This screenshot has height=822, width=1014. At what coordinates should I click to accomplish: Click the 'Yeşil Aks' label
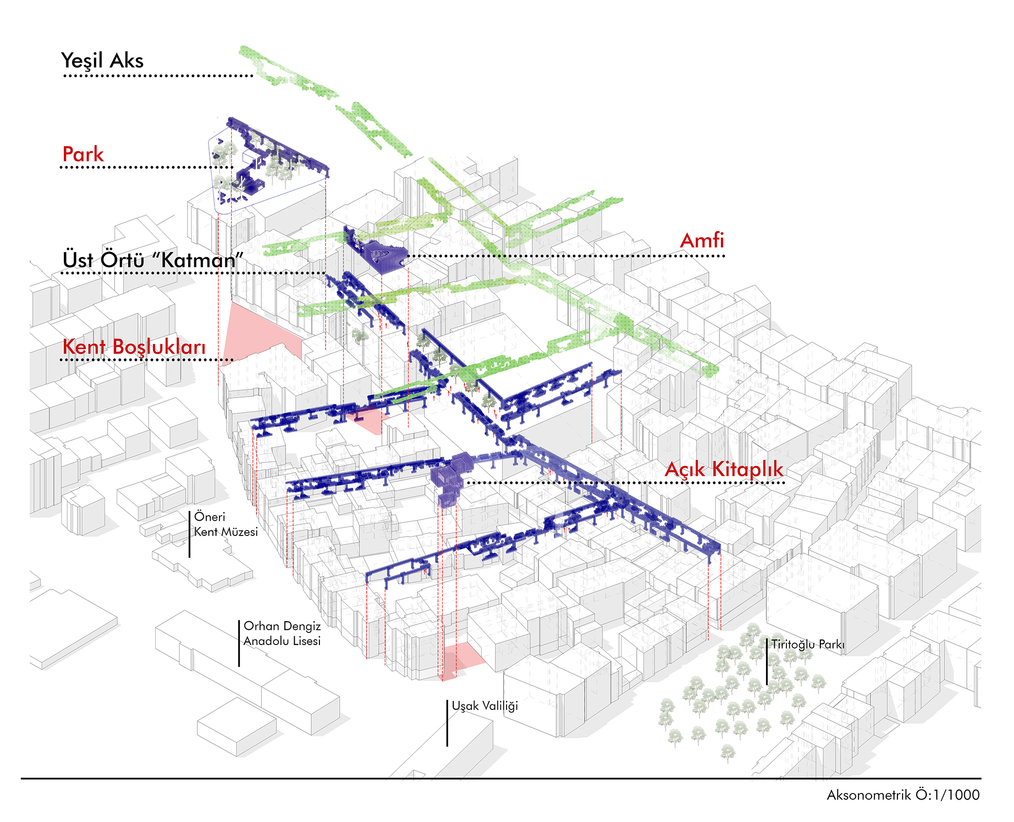tap(102, 61)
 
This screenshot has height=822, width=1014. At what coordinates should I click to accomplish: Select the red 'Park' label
tap(83, 154)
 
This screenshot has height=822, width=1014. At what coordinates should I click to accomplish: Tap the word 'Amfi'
tap(702, 241)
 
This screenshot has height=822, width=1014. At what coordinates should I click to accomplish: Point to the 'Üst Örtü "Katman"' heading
tap(153, 260)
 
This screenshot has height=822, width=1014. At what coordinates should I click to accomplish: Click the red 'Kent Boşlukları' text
tap(134, 347)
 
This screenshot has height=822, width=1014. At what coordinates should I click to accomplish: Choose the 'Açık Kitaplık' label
tap(723, 469)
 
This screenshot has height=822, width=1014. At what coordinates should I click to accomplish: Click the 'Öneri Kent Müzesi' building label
tap(226, 524)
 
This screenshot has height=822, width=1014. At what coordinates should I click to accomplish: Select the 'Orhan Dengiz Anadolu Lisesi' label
tap(282, 633)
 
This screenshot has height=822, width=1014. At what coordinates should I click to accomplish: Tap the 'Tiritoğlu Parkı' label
tap(808, 645)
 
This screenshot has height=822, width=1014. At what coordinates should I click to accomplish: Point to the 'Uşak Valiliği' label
tap(485, 706)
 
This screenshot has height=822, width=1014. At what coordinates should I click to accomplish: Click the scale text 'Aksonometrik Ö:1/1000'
tap(903, 795)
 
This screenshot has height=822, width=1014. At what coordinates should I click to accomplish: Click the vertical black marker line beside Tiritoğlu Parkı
tap(767, 661)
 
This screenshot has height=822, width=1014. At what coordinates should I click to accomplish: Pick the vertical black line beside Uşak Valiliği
tap(447, 723)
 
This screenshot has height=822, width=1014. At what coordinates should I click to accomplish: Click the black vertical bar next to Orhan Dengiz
tap(239, 643)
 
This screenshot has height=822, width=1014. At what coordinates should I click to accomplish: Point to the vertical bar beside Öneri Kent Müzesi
tap(190, 534)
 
